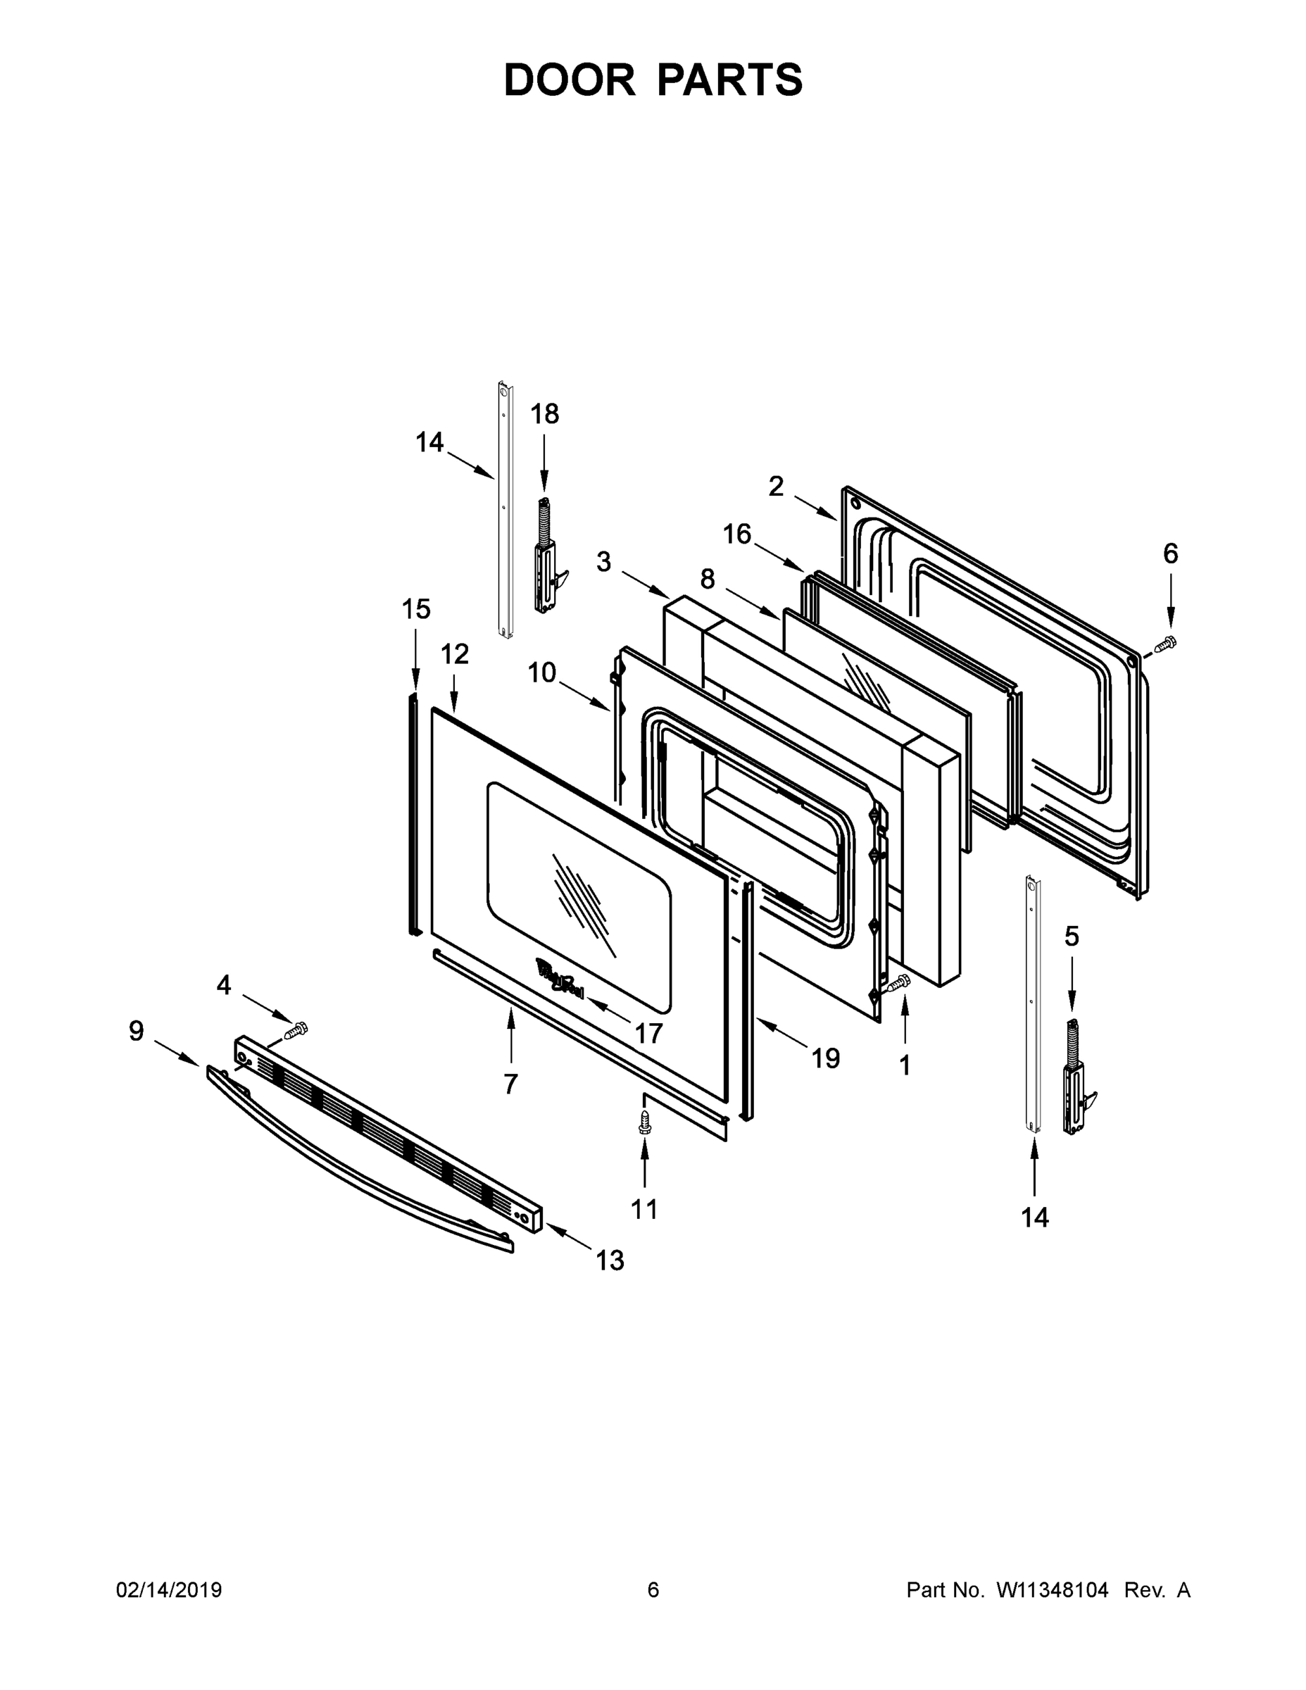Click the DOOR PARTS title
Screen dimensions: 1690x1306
(x=653, y=80)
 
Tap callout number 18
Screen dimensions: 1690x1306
(x=544, y=414)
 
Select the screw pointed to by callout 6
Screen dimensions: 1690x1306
(x=1165, y=642)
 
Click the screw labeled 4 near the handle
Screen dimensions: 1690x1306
(x=296, y=1030)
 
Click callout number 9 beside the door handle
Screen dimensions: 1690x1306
(x=136, y=1031)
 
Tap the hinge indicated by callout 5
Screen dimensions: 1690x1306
(x=1076, y=1079)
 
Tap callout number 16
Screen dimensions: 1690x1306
(x=736, y=534)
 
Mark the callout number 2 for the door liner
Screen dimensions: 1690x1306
(x=776, y=487)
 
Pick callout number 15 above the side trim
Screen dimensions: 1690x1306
(x=415, y=609)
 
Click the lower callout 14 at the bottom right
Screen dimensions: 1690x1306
(x=1034, y=1218)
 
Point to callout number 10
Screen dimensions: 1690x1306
(x=541, y=672)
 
